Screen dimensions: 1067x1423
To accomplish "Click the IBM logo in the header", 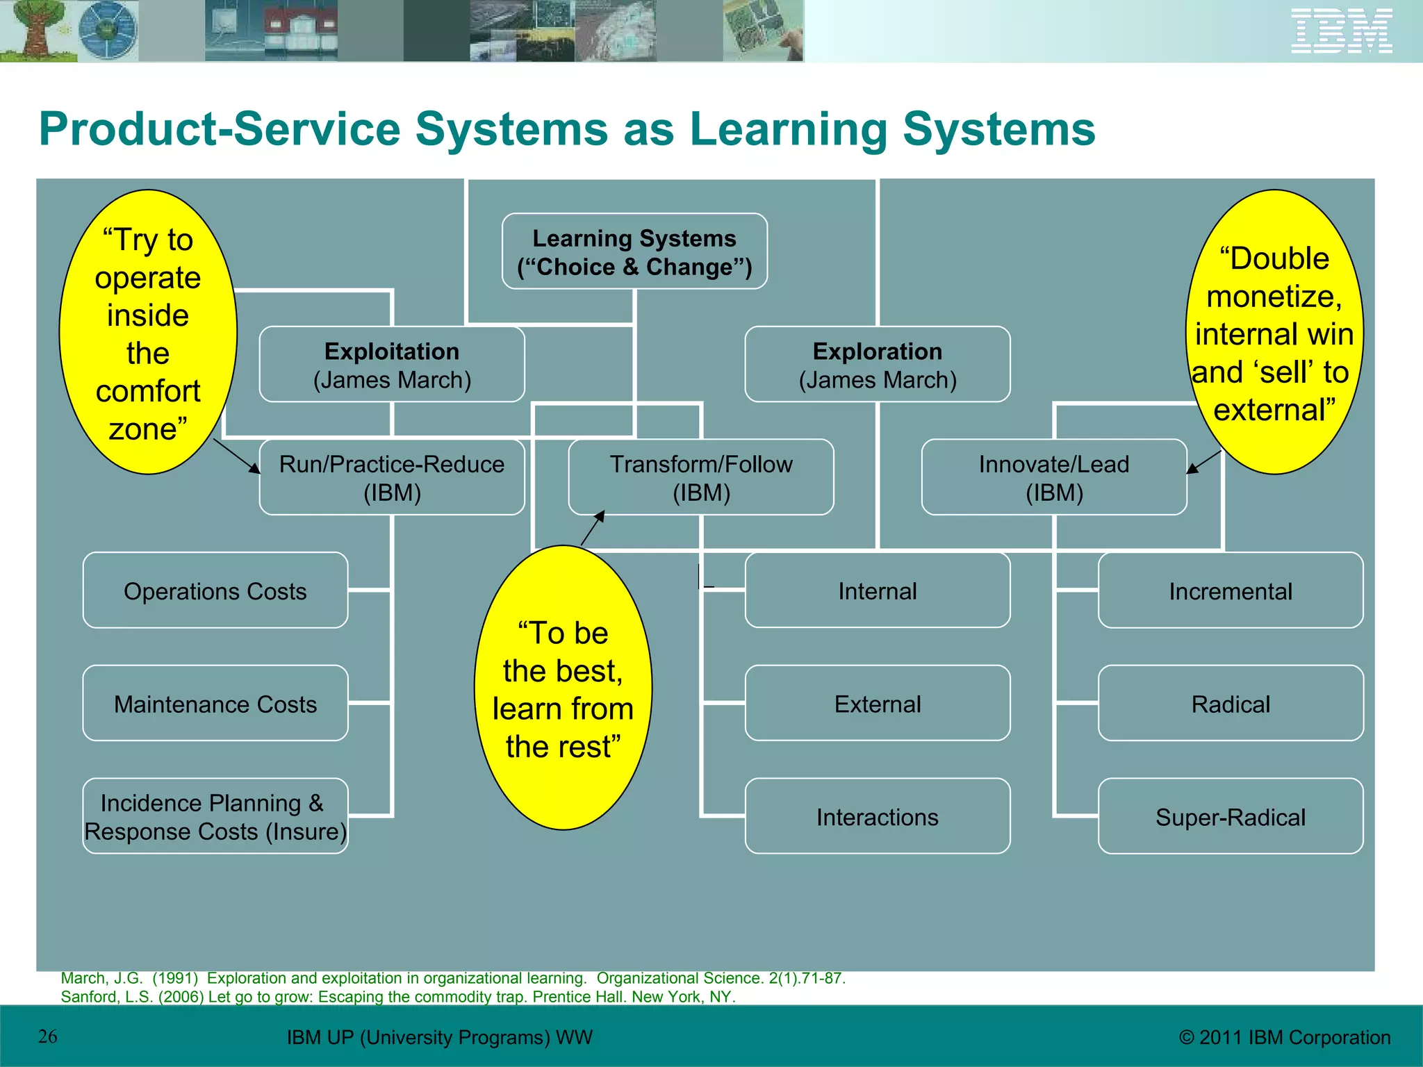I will (x=1341, y=31).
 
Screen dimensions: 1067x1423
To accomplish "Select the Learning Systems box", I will (x=634, y=251).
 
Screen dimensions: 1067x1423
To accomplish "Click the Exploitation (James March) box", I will (x=392, y=365).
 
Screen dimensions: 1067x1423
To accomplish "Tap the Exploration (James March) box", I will (x=878, y=365).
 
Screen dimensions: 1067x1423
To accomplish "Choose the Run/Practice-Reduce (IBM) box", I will (x=392, y=477).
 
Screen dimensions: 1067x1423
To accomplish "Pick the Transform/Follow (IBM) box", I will (x=701, y=477).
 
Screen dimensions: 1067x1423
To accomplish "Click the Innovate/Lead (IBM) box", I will (x=1054, y=477).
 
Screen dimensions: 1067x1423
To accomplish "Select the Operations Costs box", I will (x=215, y=590).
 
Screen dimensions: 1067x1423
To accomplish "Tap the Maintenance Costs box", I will (x=215, y=704).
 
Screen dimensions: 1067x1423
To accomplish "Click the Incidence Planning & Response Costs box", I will (x=215, y=816).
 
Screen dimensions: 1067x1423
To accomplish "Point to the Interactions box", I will (x=878, y=816).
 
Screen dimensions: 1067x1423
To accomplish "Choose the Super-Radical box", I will (x=1231, y=816).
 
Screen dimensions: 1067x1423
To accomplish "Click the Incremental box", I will (x=1231, y=590).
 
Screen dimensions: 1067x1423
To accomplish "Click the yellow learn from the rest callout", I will (x=563, y=688).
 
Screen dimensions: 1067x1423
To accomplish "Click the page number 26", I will (x=48, y=1036).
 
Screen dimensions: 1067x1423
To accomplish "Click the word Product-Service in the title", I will (x=219, y=129).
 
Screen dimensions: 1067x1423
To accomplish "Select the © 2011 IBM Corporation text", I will (x=1285, y=1037).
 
